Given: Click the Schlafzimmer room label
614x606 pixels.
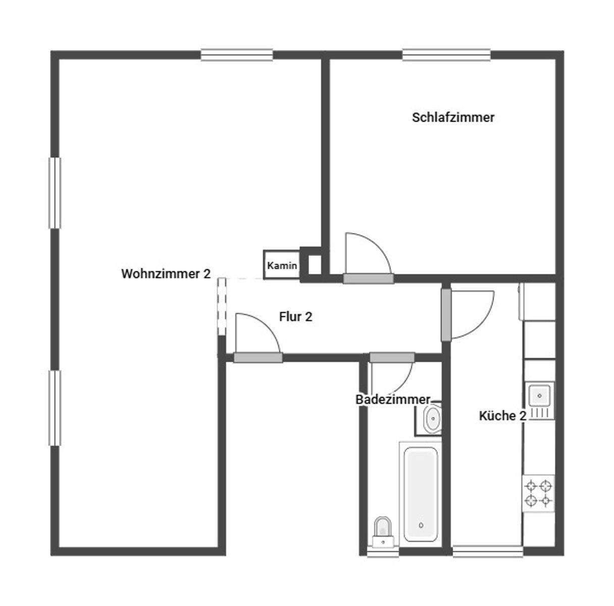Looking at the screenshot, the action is (x=453, y=118).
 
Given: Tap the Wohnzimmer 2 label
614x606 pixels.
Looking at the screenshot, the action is (x=166, y=274).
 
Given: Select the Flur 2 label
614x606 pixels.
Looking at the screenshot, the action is (x=295, y=317).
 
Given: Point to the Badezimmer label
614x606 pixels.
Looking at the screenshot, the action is (x=393, y=399).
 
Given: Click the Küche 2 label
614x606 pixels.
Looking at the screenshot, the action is (x=502, y=416).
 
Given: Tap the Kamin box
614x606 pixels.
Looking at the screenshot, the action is (x=282, y=266).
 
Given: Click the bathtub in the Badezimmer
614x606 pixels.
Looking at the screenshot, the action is (x=421, y=492).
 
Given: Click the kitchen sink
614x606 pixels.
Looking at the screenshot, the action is (x=539, y=394).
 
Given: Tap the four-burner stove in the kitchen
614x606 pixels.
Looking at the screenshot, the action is (x=538, y=493).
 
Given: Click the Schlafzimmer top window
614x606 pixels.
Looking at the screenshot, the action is (x=446, y=55).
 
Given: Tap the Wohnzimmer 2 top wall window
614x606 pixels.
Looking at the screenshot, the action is (x=237, y=55).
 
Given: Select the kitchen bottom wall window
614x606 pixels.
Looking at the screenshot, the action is (x=487, y=551).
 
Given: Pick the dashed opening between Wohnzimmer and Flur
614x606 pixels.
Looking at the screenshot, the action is (x=221, y=306).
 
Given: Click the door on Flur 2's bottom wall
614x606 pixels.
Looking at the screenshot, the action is (x=258, y=358).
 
